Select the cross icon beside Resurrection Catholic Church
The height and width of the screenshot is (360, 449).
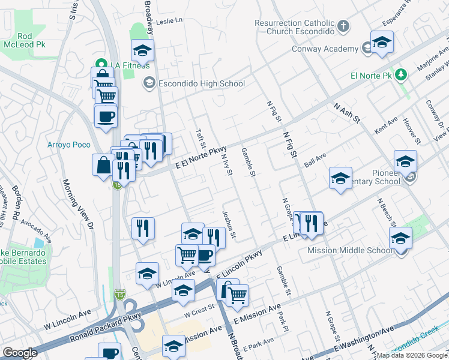[x=343, y=26]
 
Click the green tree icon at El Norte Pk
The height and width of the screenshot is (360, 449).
[x=402, y=75]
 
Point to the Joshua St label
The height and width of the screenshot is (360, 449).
[x=227, y=223]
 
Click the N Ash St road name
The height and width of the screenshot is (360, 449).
[x=346, y=112]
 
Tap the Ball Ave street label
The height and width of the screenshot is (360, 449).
[x=315, y=159]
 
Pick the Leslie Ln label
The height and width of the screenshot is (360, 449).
[x=169, y=20]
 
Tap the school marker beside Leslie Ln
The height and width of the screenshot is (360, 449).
[x=142, y=50]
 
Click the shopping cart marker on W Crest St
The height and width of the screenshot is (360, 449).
[x=237, y=295]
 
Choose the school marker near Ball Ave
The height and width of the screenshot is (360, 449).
[x=340, y=178]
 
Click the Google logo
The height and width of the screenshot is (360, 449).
[x=20, y=353]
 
